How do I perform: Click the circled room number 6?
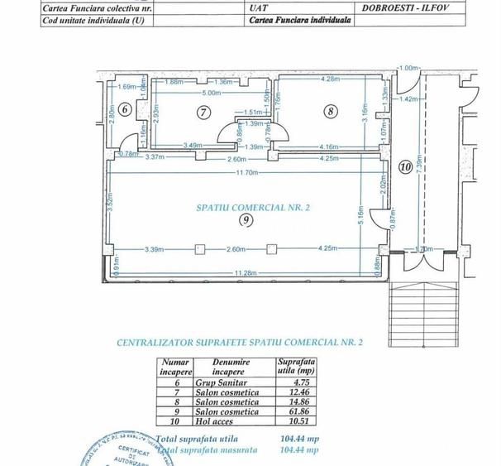(x=124, y=108)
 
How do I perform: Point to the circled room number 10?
(x=404, y=166)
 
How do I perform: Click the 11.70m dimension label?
(x=247, y=172)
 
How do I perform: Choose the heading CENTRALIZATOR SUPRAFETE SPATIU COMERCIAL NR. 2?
(x=240, y=341)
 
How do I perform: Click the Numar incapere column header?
(x=174, y=367)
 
